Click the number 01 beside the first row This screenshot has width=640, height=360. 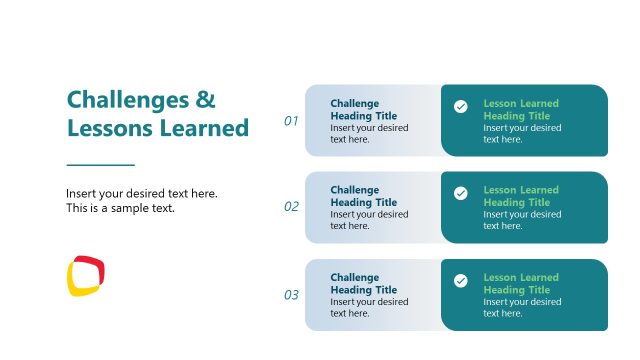pos(291,121)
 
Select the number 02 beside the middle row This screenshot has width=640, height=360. pos(291,207)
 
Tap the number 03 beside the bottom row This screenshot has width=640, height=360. pos(291,295)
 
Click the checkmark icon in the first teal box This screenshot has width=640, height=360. pos(460,106)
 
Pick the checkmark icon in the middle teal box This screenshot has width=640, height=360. pos(460,193)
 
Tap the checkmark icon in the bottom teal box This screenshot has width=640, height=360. pos(460,281)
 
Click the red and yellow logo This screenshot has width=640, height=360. pos(86,275)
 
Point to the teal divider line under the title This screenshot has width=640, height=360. pos(100,164)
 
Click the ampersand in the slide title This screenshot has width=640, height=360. pos(205,100)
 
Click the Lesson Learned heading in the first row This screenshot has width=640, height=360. pos(521,109)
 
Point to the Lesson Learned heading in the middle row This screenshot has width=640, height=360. pos(521,196)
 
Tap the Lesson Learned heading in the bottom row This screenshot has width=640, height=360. pos(521,284)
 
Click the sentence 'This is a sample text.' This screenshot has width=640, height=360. pos(120,209)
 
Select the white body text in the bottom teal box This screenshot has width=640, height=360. pos(522,307)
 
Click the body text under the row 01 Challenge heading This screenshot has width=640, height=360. pos(369,134)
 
